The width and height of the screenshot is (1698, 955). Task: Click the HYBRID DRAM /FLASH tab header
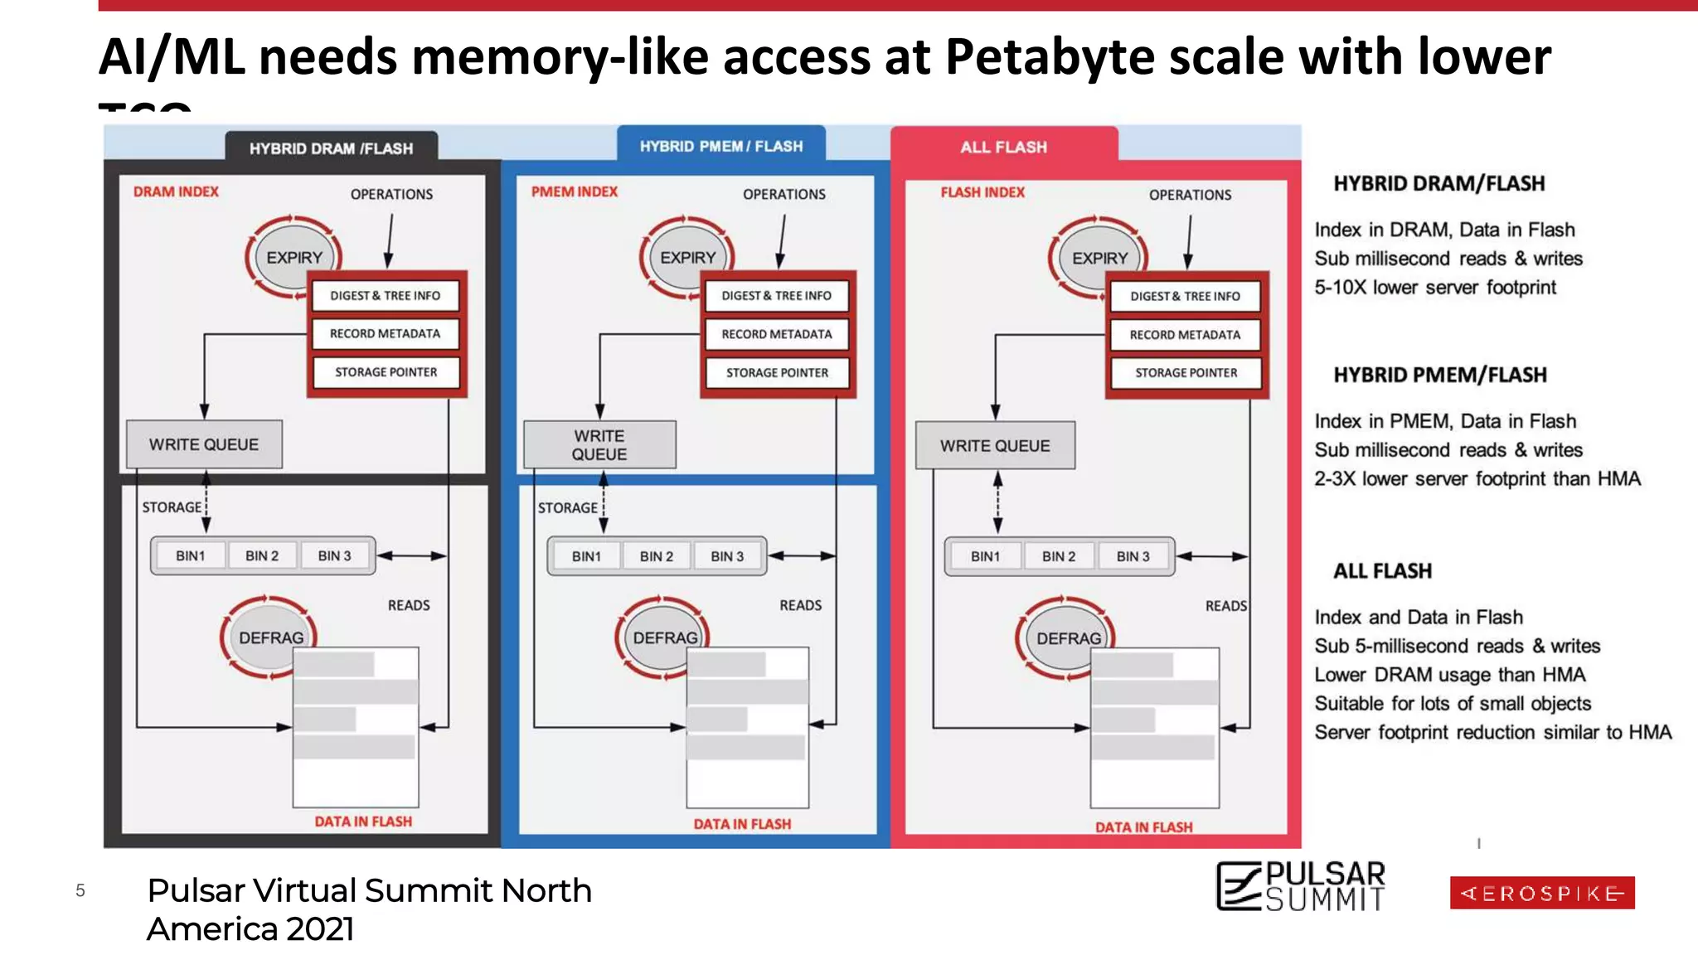331,148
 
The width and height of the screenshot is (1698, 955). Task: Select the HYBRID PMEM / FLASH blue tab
720,146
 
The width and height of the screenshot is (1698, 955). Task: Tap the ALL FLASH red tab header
1003,147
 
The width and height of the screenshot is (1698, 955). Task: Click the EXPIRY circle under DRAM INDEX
294,258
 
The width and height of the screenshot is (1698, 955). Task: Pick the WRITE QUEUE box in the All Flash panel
995,445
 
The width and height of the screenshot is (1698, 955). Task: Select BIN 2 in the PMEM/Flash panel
656,556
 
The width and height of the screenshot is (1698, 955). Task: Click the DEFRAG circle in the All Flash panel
1068,638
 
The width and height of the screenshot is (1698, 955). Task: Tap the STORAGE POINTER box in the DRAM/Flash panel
386,372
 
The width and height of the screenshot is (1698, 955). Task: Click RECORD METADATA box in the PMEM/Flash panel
776,334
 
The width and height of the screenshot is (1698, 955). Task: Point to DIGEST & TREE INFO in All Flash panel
1185,296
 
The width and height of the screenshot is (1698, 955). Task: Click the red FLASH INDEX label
982,192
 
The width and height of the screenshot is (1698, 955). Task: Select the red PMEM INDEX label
574,191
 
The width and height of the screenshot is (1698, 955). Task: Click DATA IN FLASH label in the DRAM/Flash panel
363,822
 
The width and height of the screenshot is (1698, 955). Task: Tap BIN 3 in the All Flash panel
1133,556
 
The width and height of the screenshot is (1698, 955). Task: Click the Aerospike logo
1542,893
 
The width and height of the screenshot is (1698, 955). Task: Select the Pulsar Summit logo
1300,886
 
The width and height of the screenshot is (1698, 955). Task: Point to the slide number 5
80,891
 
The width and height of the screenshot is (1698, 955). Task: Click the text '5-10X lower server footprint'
1435,287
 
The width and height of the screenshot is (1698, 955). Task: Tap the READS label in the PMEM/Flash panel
800,605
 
